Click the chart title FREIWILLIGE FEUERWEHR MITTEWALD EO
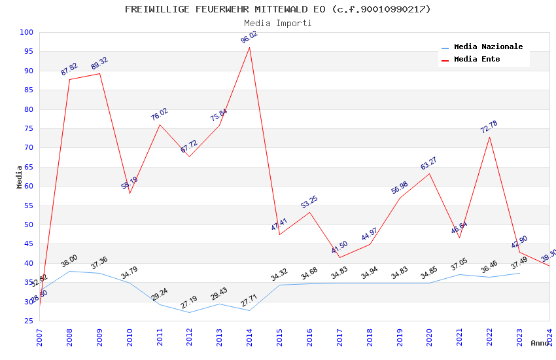(x=278, y=9)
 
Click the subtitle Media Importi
(x=278, y=23)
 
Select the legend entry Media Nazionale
(x=488, y=47)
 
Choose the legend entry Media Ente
(x=477, y=59)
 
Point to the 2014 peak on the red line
(x=249, y=47)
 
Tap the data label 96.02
(x=249, y=37)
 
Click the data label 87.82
(x=69, y=69)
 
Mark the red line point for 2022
(x=489, y=136)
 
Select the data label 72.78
(x=489, y=127)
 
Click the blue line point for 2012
(x=189, y=312)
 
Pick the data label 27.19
(x=189, y=302)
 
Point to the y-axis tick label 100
(x=27, y=32)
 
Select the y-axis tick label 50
(x=29, y=225)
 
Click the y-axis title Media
(x=19, y=177)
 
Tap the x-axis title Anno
(x=540, y=343)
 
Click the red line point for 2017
(x=339, y=257)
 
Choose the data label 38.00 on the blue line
(x=69, y=261)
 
